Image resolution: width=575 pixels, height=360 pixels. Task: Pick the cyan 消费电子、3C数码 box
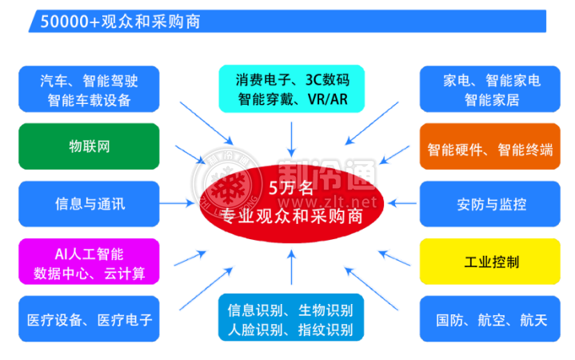click(x=292, y=89)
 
